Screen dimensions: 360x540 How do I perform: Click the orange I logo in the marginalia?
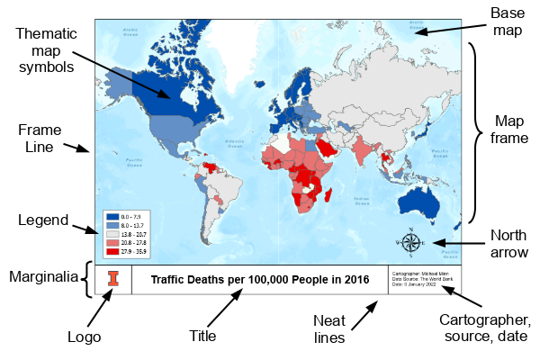112,280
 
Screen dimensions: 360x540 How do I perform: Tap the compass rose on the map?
410,241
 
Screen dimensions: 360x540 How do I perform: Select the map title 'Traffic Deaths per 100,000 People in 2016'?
260,280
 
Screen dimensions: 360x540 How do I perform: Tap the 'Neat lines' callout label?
336,328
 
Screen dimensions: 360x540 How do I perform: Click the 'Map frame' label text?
509,130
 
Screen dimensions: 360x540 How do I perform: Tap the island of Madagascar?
333,191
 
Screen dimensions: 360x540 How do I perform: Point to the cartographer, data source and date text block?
424,280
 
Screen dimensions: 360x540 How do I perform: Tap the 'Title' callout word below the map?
202,336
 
